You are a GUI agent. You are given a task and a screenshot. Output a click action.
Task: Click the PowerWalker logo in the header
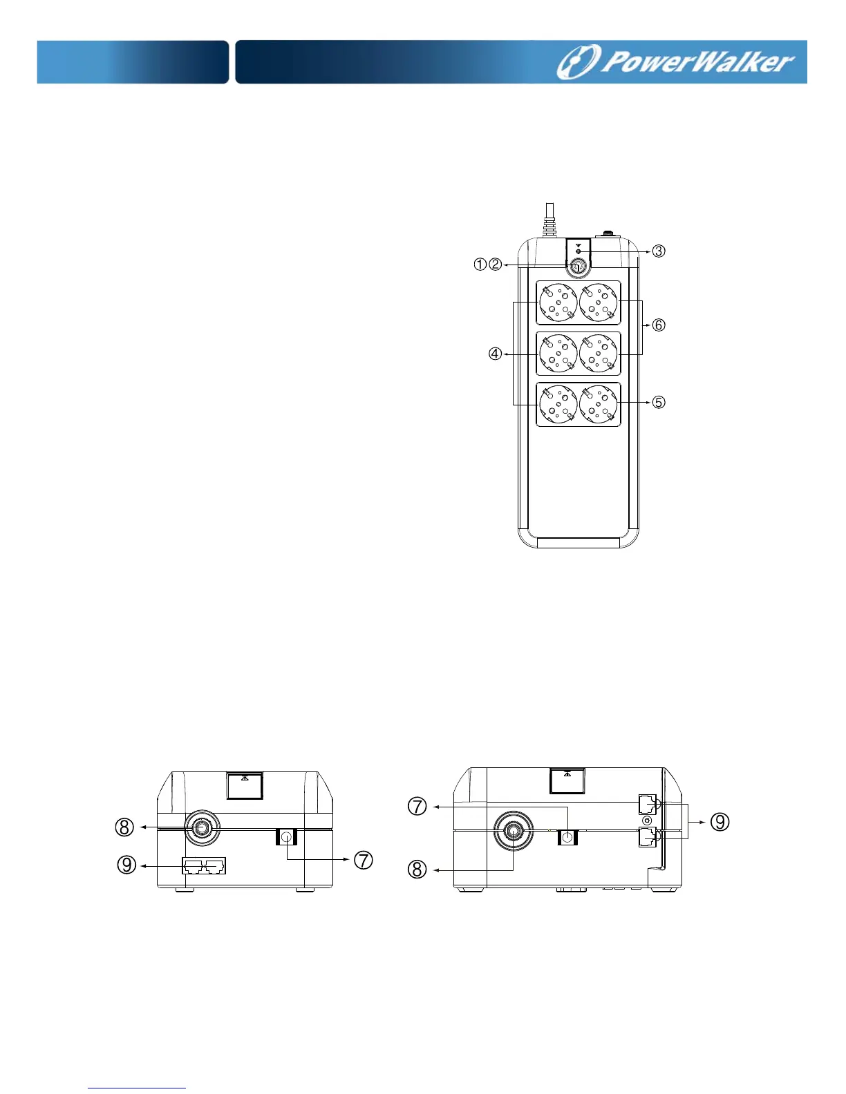point(675,62)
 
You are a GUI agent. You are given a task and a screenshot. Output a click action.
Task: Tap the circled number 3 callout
point(659,251)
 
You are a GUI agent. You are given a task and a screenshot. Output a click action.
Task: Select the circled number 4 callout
point(496,354)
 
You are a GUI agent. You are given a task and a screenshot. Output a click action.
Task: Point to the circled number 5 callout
point(659,402)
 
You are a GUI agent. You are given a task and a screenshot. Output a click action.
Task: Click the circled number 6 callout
point(659,325)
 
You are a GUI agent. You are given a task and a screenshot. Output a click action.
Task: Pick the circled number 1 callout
point(480,265)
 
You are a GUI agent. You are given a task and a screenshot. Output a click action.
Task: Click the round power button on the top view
point(578,267)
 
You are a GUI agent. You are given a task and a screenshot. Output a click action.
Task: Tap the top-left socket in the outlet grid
point(558,303)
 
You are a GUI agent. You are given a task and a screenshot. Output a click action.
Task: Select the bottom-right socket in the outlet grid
point(598,404)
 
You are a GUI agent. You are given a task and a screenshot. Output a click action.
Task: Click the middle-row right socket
point(598,354)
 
